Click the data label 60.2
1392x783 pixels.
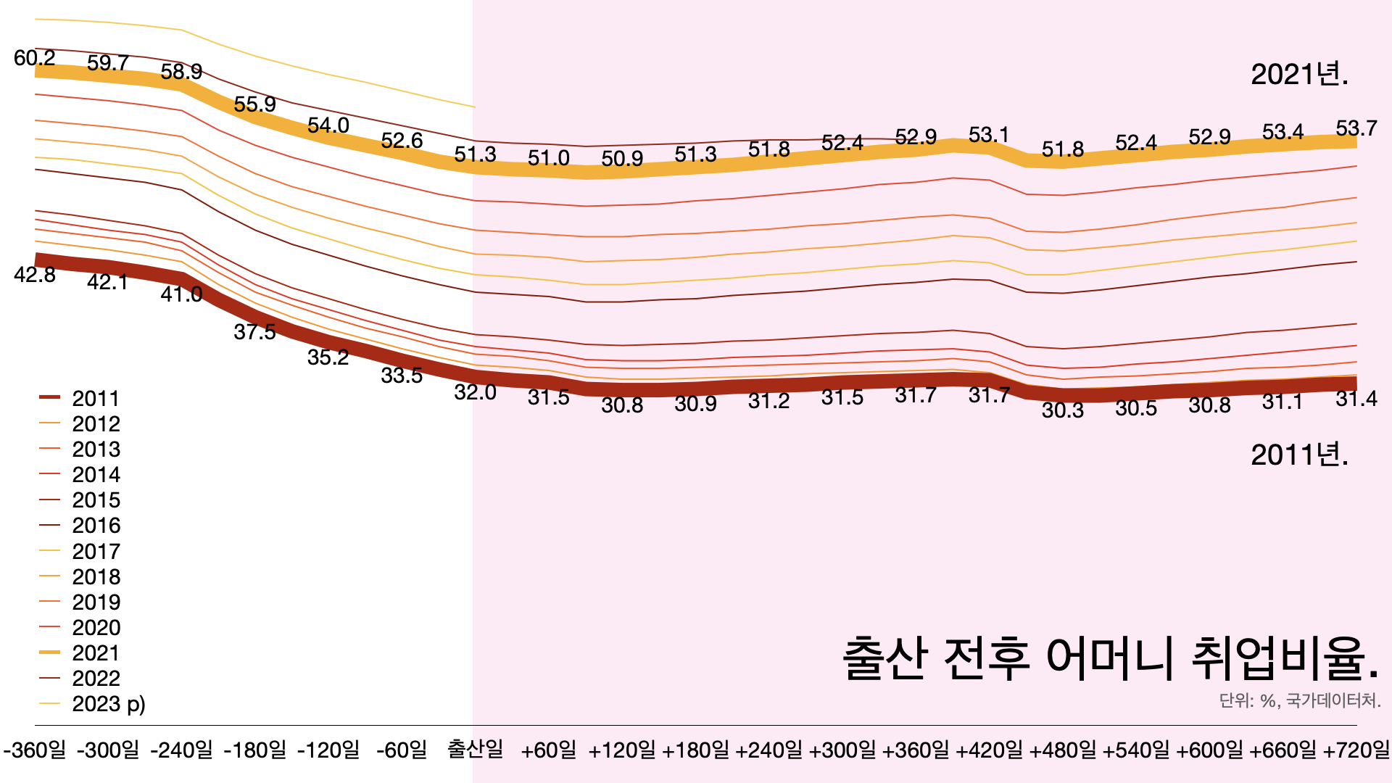tap(35, 58)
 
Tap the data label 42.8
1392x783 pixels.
tap(35, 275)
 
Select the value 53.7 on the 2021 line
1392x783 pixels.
tap(1356, 128)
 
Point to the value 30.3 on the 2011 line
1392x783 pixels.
tap(1062, 410)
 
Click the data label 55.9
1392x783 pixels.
tap(254, 104)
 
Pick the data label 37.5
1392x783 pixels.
tap(254, 332)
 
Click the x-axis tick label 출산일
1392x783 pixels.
tap(475, 749)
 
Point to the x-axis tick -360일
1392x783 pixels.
tap(35, 750)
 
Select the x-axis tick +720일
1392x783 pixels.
tap(1356, 750)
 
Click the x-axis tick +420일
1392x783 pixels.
tap(989, 750)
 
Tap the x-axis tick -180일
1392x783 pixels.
tap(255, 750)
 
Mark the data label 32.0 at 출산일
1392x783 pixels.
tap(475, 392)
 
